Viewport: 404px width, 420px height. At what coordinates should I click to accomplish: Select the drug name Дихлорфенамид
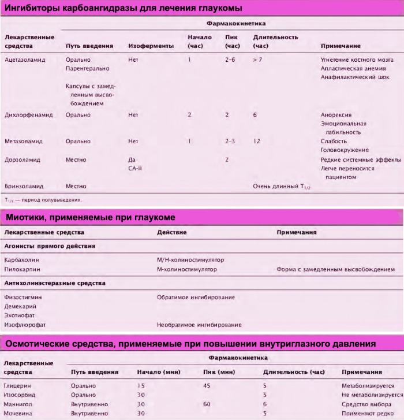tap(28, 115)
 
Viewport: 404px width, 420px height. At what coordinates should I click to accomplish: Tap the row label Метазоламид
tap(24, 141)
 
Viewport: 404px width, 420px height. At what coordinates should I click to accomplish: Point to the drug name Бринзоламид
tap(24, 186)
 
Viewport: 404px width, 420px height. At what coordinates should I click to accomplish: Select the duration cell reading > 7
tap(257, 60)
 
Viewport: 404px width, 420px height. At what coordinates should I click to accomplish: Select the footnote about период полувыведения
tap(43, 200)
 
